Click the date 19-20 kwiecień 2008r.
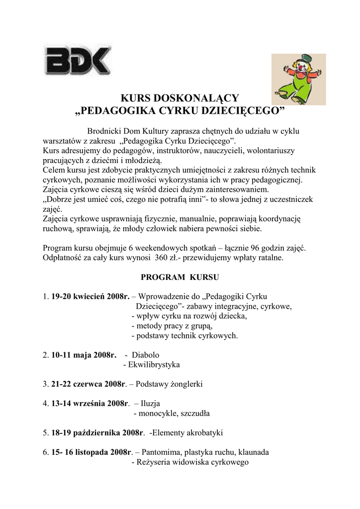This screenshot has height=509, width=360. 90,297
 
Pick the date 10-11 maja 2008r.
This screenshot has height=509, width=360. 84,355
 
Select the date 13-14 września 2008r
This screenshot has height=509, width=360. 90,403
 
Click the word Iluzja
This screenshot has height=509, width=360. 151,403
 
